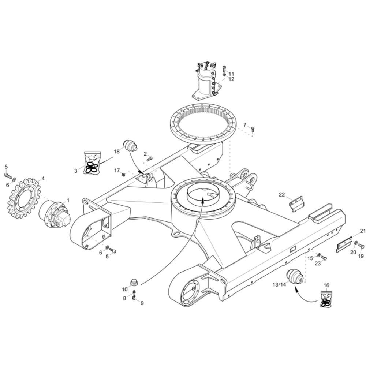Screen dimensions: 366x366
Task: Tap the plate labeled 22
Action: pos(296,203)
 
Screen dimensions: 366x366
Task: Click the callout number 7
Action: pos(245,125)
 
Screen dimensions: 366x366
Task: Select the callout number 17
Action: pos(117,170)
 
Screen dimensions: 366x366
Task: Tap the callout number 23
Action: pos(318,263)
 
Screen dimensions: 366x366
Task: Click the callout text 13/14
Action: pos(279,284)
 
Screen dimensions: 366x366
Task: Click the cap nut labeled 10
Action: pos(134,282)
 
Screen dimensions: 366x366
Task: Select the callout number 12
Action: pos(231,79)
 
